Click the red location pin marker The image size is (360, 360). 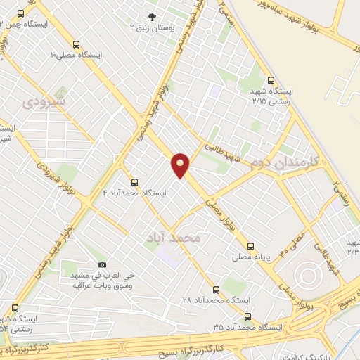181,165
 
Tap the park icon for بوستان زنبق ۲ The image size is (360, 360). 151,15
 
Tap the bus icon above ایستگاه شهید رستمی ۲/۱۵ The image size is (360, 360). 271,80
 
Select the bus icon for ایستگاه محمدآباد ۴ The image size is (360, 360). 135,182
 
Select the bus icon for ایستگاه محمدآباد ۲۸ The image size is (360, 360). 216,288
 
